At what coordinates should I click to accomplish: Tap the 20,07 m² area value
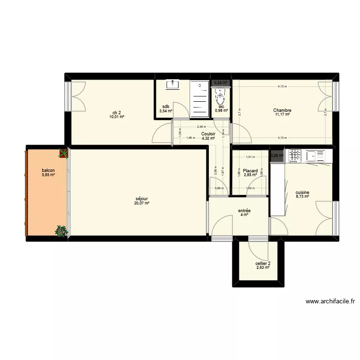(142, 203)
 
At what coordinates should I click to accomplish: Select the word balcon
(48, 170)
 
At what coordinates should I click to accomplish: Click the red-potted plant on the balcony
(63, 153)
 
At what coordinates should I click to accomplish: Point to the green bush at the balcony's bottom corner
(61, 231)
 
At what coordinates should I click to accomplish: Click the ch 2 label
(117, 112)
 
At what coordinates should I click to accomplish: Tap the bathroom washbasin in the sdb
(172, 85)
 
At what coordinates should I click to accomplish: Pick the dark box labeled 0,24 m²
(221, 83)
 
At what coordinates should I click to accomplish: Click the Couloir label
(208, 134)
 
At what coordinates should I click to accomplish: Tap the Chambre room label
(283, 110)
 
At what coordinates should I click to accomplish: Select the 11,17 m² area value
(283, 115)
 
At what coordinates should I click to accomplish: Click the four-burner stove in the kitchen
(294, 156)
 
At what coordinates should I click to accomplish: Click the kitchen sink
(314, 156)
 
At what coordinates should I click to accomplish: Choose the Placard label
(250, 170)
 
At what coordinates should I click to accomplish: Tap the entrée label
(244, 210)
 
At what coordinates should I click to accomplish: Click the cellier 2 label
(263, 263)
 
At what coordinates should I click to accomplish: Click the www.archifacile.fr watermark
(330, 302)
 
